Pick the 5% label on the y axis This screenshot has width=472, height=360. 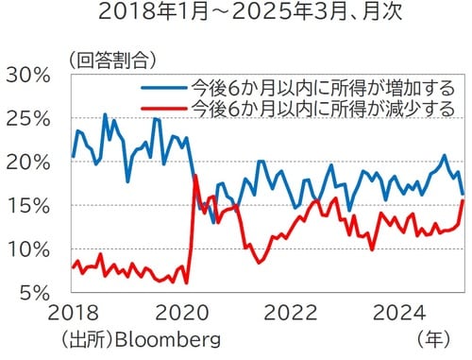36,293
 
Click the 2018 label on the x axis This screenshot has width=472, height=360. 73,314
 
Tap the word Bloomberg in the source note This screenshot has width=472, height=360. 166,338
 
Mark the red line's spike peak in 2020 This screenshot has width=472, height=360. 194,177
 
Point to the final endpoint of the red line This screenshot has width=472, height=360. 463,200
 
